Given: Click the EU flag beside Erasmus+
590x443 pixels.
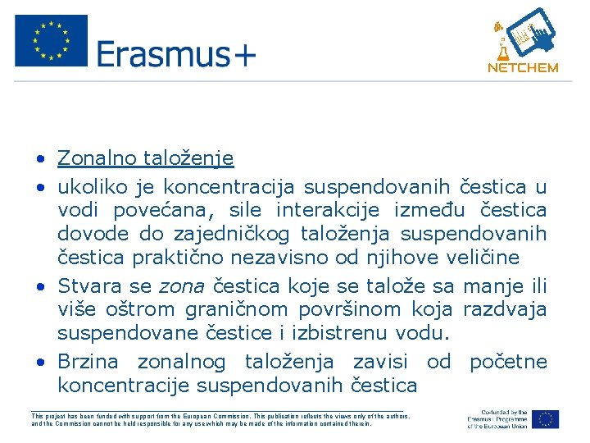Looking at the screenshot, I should (x=51, y=41).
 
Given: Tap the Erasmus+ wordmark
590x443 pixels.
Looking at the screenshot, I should (x=176, y=54).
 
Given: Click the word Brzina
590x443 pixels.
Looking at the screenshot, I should (x=88, y=362).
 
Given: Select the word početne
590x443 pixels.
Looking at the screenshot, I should (x=508, y=362).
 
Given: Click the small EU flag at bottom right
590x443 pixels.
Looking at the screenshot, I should (x=545, y=418).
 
